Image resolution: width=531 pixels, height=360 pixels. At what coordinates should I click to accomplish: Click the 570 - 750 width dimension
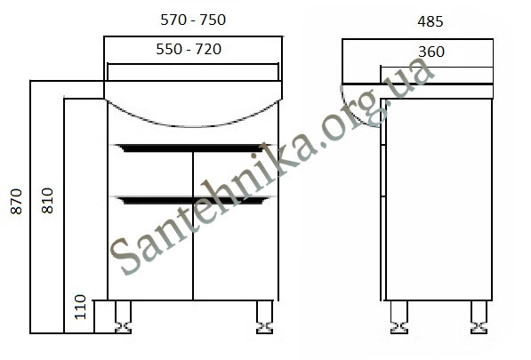click(x=193, y=20)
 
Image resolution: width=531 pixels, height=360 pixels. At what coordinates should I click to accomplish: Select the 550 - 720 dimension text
click(x=189, y=49)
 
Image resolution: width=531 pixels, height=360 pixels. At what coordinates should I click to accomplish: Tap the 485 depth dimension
click(x=430, y=21)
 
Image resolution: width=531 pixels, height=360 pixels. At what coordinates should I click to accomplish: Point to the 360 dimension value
click(x=431, y=52)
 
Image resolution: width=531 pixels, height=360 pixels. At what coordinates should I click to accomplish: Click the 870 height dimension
click(x=16, y=202)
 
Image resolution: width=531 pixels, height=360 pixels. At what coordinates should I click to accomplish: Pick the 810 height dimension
click(x=47, y=200)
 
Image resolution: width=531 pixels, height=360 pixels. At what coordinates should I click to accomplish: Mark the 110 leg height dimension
click(x=81, y=307)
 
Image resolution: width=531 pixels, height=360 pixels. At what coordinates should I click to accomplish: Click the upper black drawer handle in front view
click(x=191, y=148)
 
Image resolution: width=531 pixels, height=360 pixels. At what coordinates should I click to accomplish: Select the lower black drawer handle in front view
click(x=191, y=200)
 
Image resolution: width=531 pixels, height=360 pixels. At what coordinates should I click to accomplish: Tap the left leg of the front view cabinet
click(x=123, y=317)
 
